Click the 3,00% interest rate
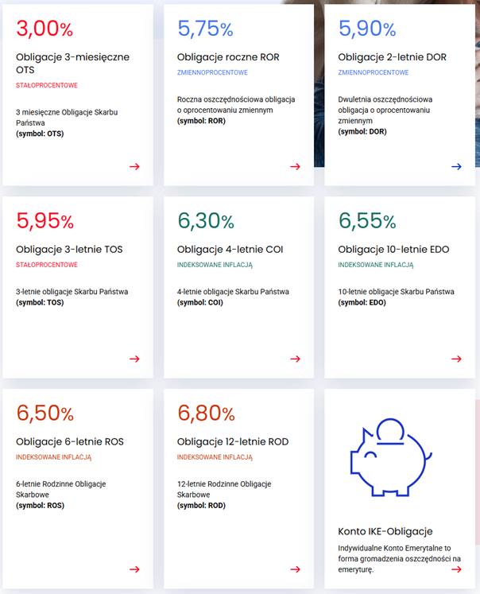45,29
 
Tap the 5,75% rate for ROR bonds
205,29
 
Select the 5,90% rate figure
366,29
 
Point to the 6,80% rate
206,413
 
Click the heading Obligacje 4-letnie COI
230,250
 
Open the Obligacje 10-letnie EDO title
393,250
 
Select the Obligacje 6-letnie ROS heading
70,442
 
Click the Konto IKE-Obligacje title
385,531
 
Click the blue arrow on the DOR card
456,166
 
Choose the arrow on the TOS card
134,359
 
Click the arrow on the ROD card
295,569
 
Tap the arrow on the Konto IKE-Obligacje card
456,569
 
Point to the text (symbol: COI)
200,303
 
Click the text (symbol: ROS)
40,506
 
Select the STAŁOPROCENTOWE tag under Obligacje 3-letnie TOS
47,265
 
